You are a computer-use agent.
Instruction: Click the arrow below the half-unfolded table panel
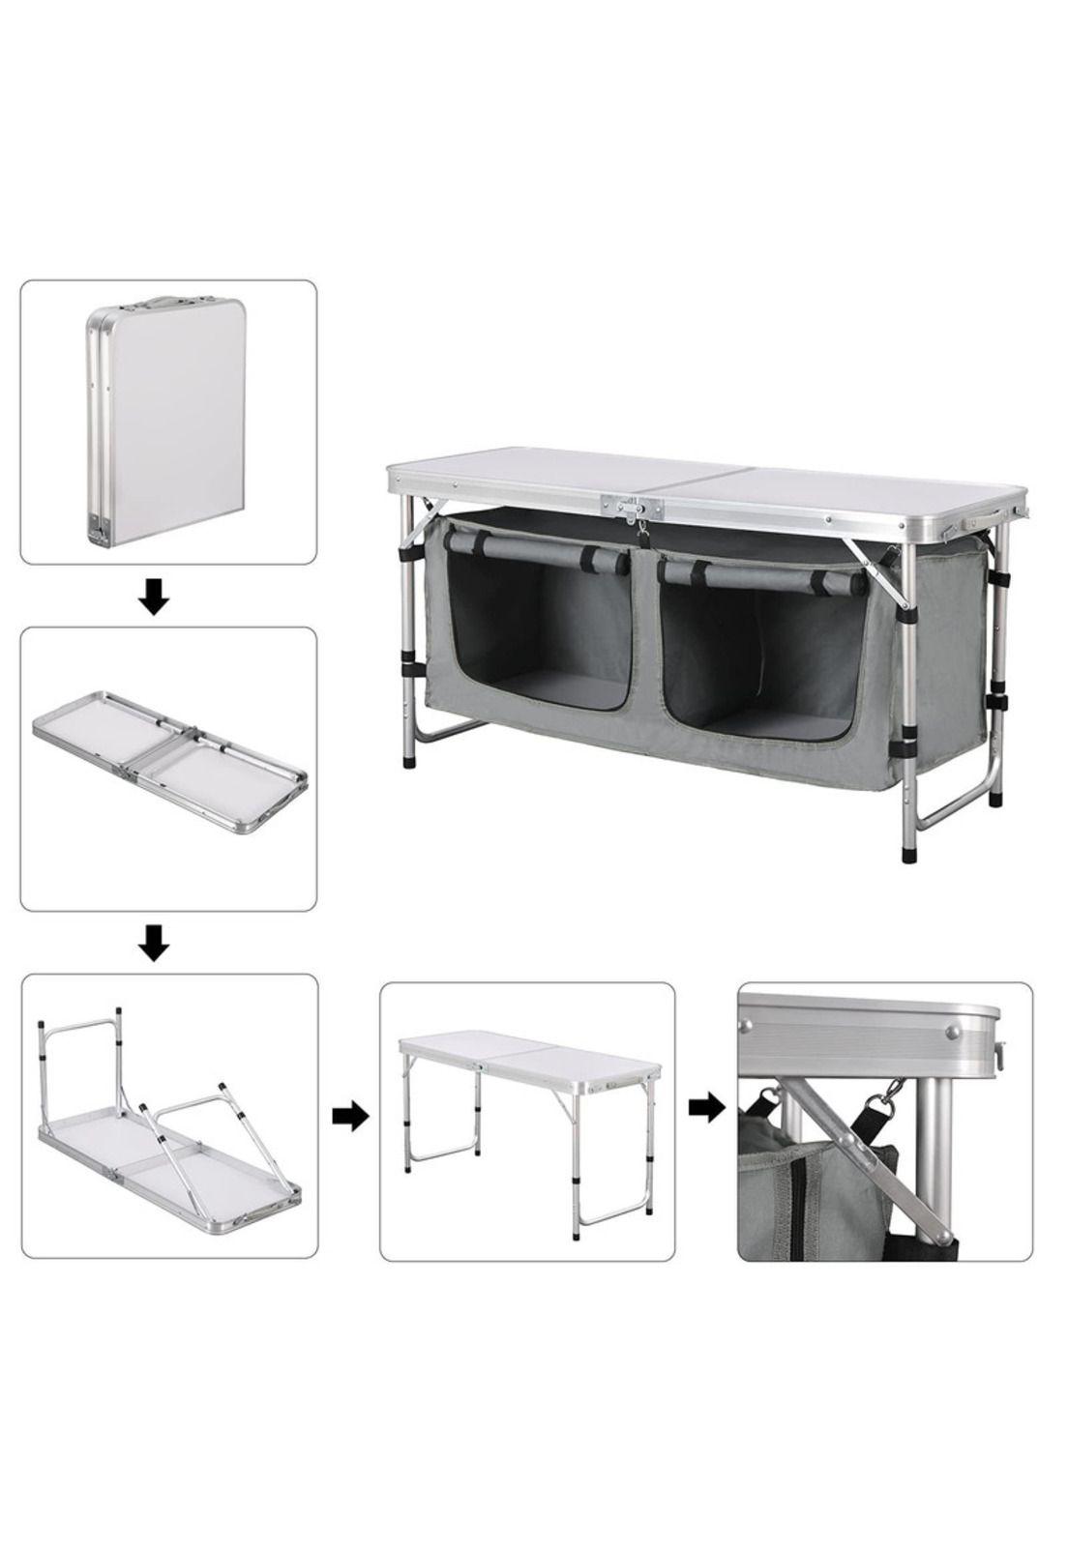(x=154, y=943)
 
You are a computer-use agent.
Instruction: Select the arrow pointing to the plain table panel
(x=349, y=1117)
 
